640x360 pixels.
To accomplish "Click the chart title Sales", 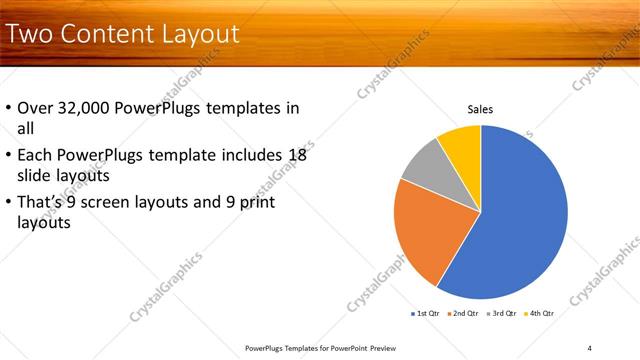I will pos(481,110).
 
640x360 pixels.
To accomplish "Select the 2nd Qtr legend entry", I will pos(463,313).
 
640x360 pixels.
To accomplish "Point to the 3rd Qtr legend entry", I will pos(502,313).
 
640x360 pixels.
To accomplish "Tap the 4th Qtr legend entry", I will pos(540,313).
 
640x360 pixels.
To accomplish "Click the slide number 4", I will pos(589,347).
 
